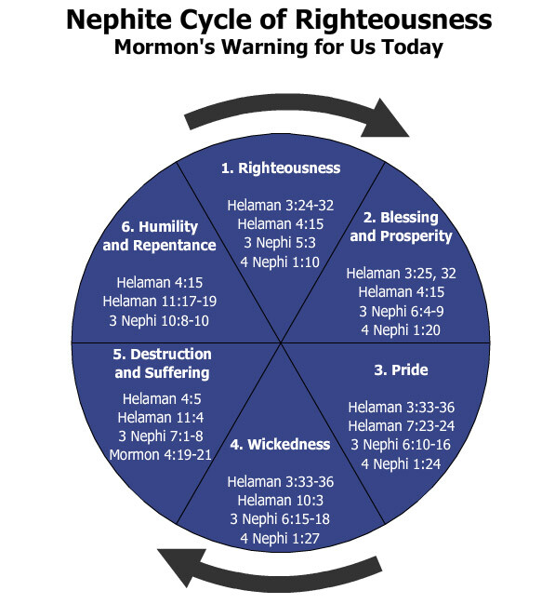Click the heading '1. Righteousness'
tap(281, 168)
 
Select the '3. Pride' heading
tap(401, 369)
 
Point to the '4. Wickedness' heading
tap(280, 444)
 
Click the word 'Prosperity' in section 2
tap(416, 236)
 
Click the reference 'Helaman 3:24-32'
tap(281, 206)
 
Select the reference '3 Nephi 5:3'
tap(280, 243)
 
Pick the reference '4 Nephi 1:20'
tap(401, 330)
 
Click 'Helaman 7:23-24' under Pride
tap(401, 426)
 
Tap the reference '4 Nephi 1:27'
tap(280, 538)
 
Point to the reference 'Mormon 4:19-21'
tap(160, 455)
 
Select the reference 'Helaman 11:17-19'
tap(160, 302)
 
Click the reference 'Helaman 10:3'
tap(280, 501)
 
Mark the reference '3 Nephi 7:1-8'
tap(161, 436)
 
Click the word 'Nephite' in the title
tap(119, 20)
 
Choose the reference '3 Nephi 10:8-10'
tap(159, 320)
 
